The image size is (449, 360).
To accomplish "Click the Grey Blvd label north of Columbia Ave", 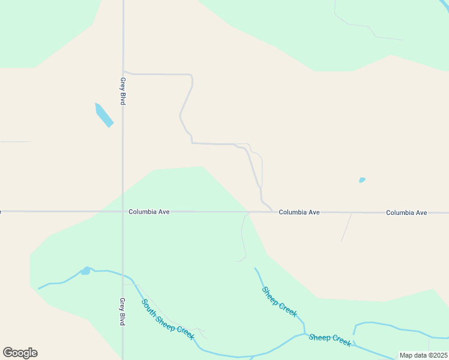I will click(122, 91).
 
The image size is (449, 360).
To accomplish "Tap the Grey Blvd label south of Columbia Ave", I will click(122, 311).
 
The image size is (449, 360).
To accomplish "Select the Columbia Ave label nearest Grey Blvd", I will click(149, 212).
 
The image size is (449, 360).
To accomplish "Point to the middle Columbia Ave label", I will click(299, 212).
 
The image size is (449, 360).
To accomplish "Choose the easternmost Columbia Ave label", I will click(406, 213).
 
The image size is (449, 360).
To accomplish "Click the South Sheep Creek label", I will click(167, 319).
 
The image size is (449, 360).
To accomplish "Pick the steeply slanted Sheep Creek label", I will click(279, 302).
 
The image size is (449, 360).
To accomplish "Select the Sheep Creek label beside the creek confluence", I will click(330, 339).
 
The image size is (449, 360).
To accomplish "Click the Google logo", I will click(20, 353).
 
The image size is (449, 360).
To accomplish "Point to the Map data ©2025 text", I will click(423, 355).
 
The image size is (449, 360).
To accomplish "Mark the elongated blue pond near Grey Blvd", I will click(104, 115).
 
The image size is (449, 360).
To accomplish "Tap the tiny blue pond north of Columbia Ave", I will click(362, 180).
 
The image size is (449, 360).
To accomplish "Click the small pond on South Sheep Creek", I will click(86, 271).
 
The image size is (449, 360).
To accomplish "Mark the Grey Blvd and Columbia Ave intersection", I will click(122, 211).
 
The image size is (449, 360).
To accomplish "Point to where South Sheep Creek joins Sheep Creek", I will click(305, 334).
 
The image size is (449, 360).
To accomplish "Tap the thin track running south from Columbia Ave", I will click(243, 237).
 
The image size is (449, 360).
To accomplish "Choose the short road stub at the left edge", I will click(15, 142).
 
